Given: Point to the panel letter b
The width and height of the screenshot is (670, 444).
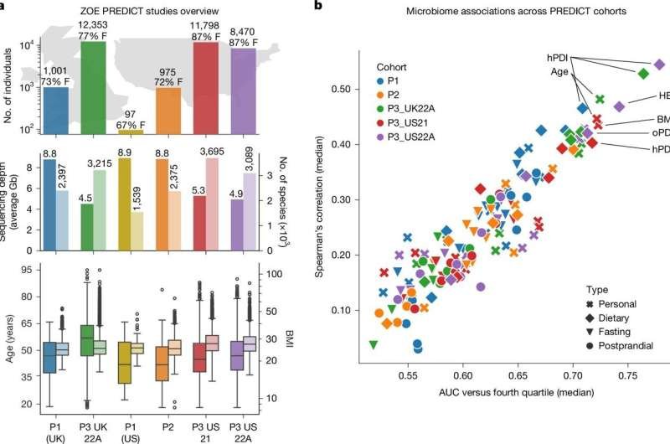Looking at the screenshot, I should (x=317, y=7).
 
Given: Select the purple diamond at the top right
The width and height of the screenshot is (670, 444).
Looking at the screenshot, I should (x=658, y=65).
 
